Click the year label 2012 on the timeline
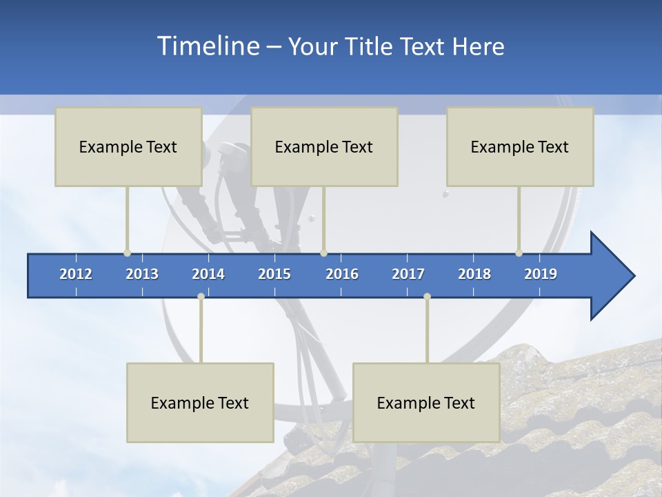pyautogui.click(x=76, y=274)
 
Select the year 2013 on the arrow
pyautogui.click(x=142, y=274)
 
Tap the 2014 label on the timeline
pyautogui.click(x=208, y=274)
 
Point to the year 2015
pyautogui.click(x=274, y=274)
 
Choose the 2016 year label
pyautogui.click(x=342, y=274)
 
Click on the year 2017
pyautogui.click(x=408, y=274)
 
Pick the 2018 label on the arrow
pyautogui.click(x=474, y=274)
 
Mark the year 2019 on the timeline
pyautogui.click(x=541, y=274)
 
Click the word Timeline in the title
pyautogui.click(x=207, y=46)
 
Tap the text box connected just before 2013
pyautogui.click(x=128, y=146)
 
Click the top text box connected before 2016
pyautogui.click(x=324, y=146)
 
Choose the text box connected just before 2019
pyautogui.click(x=520, y=146)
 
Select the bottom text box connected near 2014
pyautogui.click(x=200, y=402)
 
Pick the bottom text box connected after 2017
pyautogui.click(x=426, y=402)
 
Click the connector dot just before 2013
pyautogui.click(x=127, y=253)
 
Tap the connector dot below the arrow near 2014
pyautogui.click(x=201, y=296)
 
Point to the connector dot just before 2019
pyautogui.click(x=519, y=253)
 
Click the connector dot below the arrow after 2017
pyautogui.click(x=427, y=296)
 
